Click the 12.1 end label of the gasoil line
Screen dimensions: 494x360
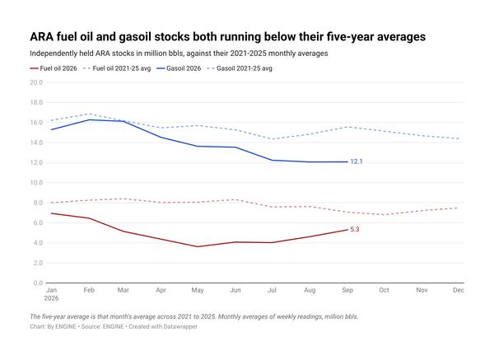pyautogui.click(x=357, y=161)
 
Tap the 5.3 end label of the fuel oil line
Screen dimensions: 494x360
pyautogui.click(x=355, y=230)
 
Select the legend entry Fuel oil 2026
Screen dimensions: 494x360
pyautogui.click(x=54, y=68)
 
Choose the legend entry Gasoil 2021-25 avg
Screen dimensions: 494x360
pyautogui.click(x=240, y=68)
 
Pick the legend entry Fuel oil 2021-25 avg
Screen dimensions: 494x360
pyautogui.click(x=117, y=68)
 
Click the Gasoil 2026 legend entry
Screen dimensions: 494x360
pyautogui.click(x=179, y=68)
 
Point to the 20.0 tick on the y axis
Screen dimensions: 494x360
pyautogui.click(x=36, y=82)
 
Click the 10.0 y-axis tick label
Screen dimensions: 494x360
pyautogui.click(x=36, y=183)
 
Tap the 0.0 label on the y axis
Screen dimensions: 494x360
pyautogui.click(x=38, y=283)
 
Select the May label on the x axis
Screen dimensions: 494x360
pyautogui.click(x=198, y=290)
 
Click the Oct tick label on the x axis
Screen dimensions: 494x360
pyautogui.click(x=384, y=290)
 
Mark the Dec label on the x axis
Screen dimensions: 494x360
pyautogui.click(x=459, y=290)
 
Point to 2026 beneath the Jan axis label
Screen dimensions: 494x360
pyautogui.click(x=51, y=298)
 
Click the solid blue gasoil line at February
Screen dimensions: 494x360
pyautogui.click(x=89, y=119)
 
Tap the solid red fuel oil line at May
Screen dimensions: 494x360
pyautogui.click(x=198, y=246)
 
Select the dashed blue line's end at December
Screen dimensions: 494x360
pyautogui.click(x=459, y=138)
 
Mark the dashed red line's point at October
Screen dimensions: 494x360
pyautogui.click(x=384, y=215)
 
